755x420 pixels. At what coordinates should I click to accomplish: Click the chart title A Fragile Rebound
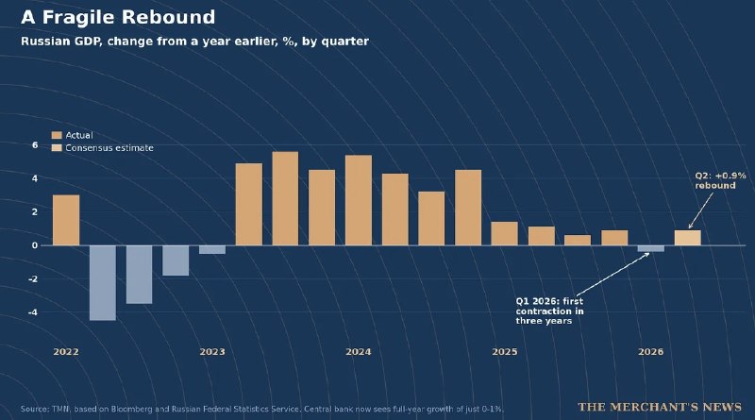tap(118, 17)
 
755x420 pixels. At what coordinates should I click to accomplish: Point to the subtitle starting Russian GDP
tap(194, 42)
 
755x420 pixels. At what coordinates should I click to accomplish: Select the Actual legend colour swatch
tap(57, 135)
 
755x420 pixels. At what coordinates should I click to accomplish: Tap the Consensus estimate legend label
tap(109, 148)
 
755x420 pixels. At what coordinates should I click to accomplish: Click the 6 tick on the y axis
tap(35, 145)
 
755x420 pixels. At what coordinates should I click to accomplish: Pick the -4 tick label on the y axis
tap(33, 312)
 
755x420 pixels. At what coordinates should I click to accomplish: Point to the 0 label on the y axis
tap(35, 245)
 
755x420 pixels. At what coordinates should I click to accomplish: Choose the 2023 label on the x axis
tap(212, 352)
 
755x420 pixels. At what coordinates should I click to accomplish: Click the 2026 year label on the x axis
tap(650, 352)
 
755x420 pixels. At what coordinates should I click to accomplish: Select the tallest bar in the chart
tap(285, 198)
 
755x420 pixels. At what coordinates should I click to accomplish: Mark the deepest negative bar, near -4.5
tap(103, 283)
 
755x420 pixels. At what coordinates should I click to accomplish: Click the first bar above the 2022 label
tap(66, 220)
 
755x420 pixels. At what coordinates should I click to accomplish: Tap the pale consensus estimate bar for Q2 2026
tap(688, 238)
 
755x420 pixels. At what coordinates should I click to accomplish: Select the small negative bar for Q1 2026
tap(651, 248)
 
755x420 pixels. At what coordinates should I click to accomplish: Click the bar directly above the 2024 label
tap(359, 200)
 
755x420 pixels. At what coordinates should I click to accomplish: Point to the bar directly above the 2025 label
tap(505, 234)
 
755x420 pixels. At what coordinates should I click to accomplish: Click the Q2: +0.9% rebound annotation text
tap(720, 180)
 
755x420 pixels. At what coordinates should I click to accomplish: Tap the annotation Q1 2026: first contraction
tap(549, 311)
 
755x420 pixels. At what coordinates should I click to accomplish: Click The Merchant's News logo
tap(660, 407)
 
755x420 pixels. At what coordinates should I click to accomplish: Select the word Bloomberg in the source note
tap(132, 409)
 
